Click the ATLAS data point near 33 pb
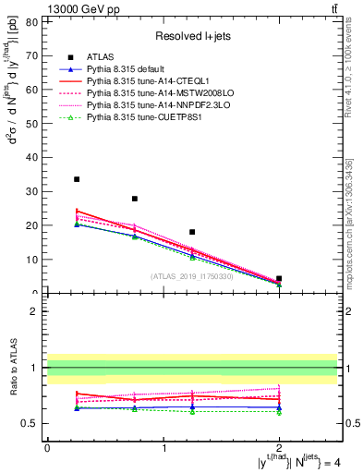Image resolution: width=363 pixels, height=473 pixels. (77, 179)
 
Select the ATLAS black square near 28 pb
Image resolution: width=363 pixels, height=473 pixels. (135, 199)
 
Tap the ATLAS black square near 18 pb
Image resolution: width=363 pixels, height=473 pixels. (192, 232)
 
